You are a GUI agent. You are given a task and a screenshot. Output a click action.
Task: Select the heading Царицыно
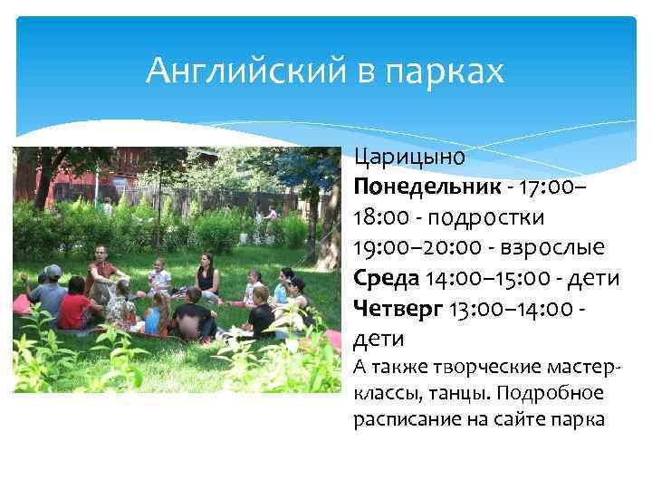coord(410,157)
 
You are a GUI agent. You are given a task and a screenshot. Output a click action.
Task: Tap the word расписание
coord(399,419)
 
